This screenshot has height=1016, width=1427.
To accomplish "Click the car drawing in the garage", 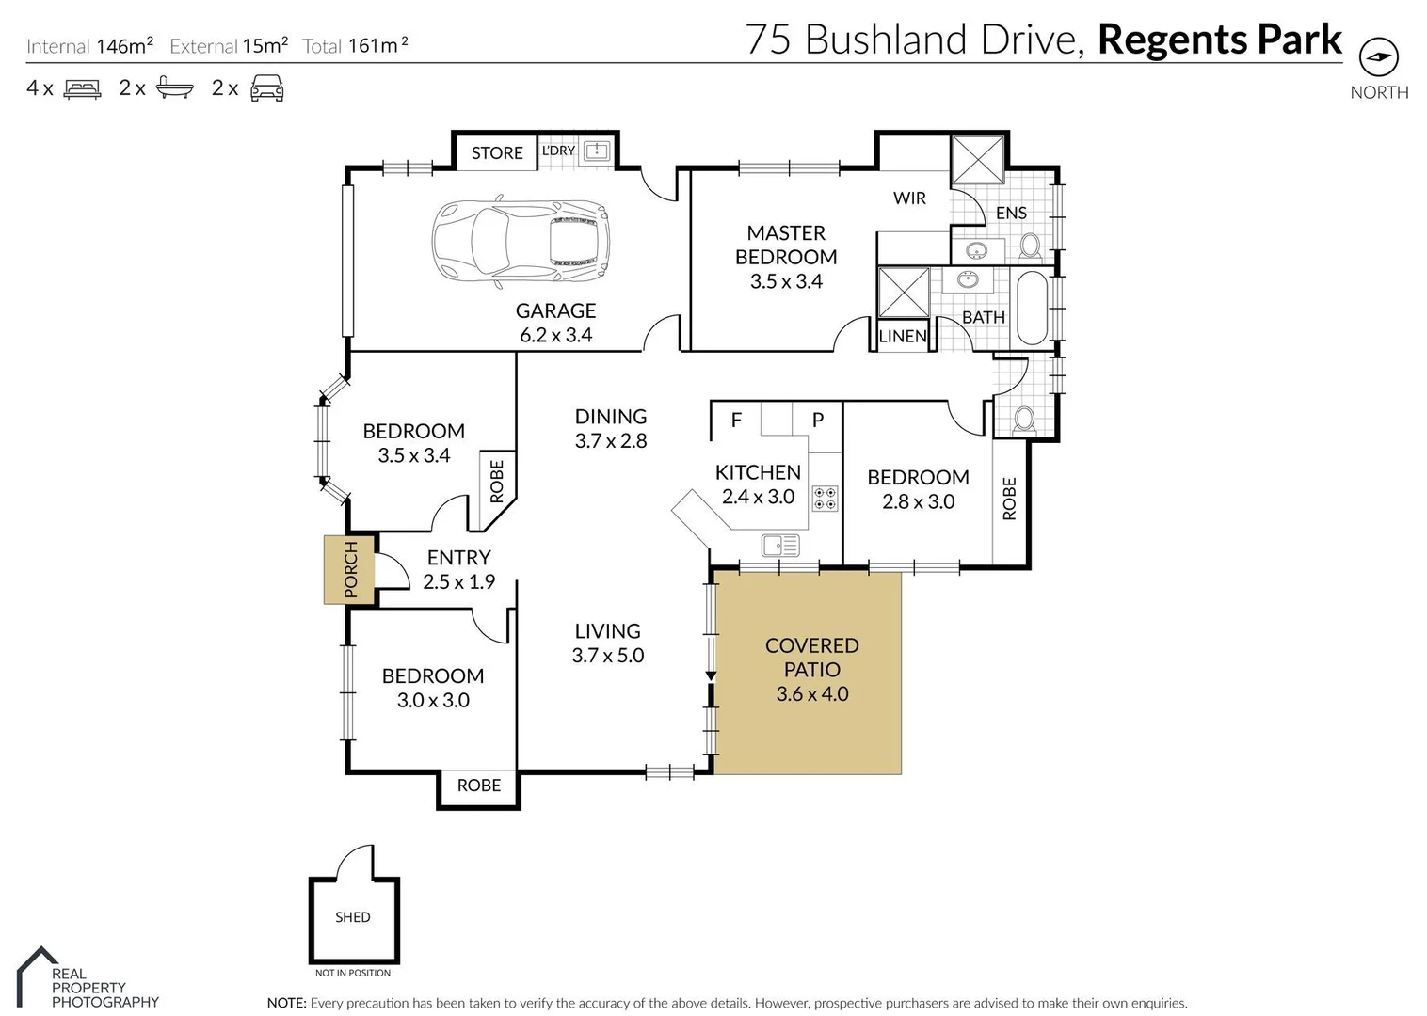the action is tap(521, 243).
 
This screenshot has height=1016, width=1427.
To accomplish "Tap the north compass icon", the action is tap(1379, 57).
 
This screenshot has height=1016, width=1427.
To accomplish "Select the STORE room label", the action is tap(497, 152).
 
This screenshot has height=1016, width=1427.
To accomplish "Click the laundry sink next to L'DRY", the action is tap(597, 151).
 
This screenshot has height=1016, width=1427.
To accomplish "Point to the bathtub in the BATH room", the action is tap(1032, 309).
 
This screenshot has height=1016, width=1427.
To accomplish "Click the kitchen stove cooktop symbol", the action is tap(825, 499).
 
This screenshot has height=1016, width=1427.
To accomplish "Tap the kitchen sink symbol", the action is tap(780, 546).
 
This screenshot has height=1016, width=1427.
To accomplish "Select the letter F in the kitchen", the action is tap(736, 421).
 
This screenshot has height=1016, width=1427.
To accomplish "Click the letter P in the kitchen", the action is tap(818, 420).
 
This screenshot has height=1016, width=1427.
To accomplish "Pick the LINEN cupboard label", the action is tap(902, 336).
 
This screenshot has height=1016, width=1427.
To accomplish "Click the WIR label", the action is tap(909, 198).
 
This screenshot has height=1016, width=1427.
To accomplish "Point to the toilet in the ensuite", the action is tap(1030, 246).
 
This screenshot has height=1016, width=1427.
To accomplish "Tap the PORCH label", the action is tap(351, 569).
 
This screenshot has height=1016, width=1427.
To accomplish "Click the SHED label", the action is tap(352, 916).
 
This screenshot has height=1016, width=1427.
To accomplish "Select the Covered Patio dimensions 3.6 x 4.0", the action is tap(812, 694).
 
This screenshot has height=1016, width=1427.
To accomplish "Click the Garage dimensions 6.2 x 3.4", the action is tap(556, 335).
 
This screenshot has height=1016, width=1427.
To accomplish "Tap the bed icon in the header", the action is tap(82, 88).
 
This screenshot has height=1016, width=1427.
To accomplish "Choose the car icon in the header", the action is tap(267, 88).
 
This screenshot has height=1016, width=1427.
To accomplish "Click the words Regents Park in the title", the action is tap(1220, 40).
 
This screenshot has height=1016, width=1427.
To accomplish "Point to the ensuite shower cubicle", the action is tap(977, 159).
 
